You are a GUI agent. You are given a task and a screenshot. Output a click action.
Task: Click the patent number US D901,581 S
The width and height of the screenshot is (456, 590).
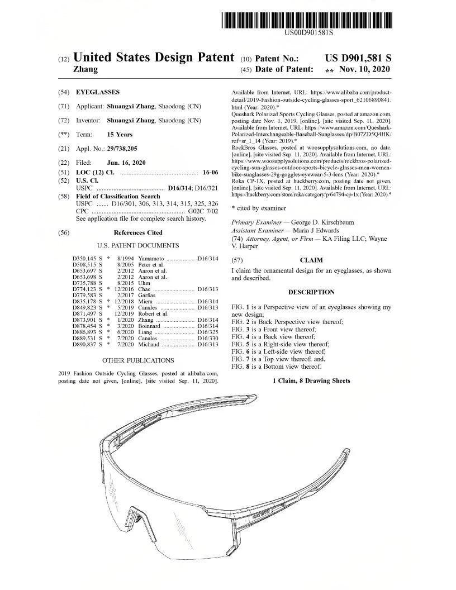pyautogui.click(x=358, y=58)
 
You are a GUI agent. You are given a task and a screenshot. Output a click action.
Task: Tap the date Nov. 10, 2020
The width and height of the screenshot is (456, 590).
pyautogui.click(x=364, y=70)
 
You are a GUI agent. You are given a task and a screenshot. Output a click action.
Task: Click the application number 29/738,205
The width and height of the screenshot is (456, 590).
pyautogui.click(x=121, y=149)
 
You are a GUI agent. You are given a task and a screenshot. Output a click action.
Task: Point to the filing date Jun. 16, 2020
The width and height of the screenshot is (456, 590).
pyautogui.click(x=126, y=163)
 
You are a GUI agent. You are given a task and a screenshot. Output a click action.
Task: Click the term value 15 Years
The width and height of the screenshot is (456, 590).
pyautogui.click(x=120, y=134)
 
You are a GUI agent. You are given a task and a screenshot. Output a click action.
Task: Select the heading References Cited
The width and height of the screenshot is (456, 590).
pyautogui.click(x=138, y=232)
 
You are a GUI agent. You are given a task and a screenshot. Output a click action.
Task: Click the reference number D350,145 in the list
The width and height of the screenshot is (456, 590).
pyautogui.click(x=85, y=258)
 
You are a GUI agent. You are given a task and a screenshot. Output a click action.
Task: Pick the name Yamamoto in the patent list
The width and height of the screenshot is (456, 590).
pyautogui.click(x=151, y=258)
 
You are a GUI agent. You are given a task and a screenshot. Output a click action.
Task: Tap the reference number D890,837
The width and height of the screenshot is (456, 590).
pyautogui.click(x=85, y=345)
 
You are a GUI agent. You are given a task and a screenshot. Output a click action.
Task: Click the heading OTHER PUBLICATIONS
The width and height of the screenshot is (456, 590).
pyautogui.click(x=138, y=360)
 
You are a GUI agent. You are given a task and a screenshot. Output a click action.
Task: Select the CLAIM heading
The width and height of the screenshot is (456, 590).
pyautogui.click(x=311, y=260)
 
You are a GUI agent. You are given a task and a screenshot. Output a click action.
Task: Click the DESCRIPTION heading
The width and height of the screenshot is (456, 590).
pyautogui.click(x=311, y=292)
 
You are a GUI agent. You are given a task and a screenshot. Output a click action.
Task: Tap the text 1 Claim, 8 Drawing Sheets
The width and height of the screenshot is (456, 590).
pyautogui.click(x=311, y=380)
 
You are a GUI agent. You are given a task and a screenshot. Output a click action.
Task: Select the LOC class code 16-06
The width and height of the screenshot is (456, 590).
pyautogui.click(x=210, y=172)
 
